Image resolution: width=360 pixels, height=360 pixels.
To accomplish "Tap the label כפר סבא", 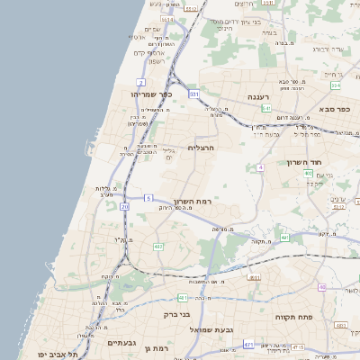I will (x=334, y=108).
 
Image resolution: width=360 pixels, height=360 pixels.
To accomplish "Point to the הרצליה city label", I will (x=204, y=148).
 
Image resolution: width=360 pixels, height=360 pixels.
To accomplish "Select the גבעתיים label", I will (x=121, y=344).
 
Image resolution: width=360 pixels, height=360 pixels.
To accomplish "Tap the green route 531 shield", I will (x=193, y=94).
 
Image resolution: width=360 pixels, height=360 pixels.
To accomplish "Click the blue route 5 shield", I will (x=148, y=197).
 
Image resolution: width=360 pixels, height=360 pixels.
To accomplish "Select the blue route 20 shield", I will (x=125, y=207).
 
